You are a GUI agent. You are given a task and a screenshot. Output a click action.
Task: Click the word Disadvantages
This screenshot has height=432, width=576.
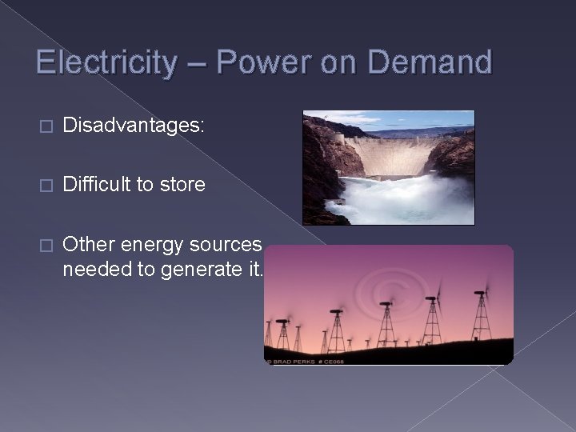click(133, 126)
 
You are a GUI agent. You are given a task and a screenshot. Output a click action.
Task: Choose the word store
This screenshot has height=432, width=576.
click(183, 185)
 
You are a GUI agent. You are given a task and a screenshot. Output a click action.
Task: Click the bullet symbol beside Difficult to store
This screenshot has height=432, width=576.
click(45, 186)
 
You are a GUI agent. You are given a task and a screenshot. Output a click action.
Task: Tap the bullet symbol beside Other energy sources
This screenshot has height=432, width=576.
click(45, 244)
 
